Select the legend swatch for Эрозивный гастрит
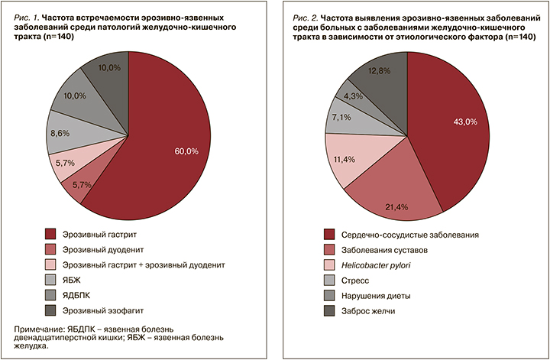tap(51, 234)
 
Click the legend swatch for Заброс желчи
tap(329, 310)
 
